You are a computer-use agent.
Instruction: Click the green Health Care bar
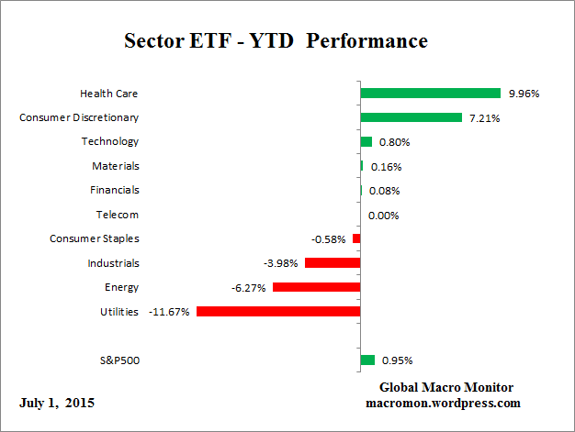pyautogui.click(x=430, y=93)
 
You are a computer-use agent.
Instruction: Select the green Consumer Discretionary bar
pyautogui.click(x=411, y=117)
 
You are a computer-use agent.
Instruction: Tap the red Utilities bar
pyautogui.click(x=277, y=311)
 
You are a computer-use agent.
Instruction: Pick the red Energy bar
pyautogui.click(x=316, y=287)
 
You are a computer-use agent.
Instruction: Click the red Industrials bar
pyautogui.click(x=332, y=263)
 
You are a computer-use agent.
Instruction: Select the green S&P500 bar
pyautogui.click(x=367, y=360)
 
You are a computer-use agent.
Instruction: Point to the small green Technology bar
pyautogui.click(x=366, y=141)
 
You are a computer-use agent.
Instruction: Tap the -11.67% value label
pyautogui.click(x=170, y=312)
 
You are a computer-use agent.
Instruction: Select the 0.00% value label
pyautogui.click(x=383, y=215)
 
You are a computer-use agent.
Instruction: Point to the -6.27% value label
pyautogui.click(x=249, y=288)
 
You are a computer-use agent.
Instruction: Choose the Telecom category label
pyautogui.click(x=118, y=215)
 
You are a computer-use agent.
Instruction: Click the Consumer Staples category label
pyautogui.click(x=95, y=238)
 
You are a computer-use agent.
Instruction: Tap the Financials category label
pyautogui.click(x=115, y=190)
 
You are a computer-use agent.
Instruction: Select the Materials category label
pyautogui.click(x=116, y=166)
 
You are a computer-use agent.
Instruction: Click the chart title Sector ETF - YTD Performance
pyautogui.click(x=276, y=42)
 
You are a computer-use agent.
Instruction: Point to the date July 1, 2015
pyautogui.click(x=56, y=403)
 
